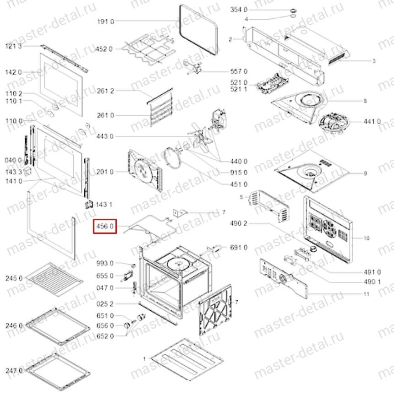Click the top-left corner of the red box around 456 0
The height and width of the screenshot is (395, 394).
[93, 219]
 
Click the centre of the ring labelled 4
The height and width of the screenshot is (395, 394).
[293, 16]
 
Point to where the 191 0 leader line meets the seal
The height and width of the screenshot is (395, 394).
[180, 21]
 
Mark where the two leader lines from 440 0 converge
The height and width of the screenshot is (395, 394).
[220, 161]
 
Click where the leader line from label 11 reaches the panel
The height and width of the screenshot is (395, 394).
[308, 294]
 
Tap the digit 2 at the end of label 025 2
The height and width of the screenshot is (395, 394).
[112, 304]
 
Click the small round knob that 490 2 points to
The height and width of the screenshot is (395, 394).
[313, 249]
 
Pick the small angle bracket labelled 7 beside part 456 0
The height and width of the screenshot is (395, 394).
[180, 213]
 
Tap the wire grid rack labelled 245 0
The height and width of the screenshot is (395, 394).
[54, 279]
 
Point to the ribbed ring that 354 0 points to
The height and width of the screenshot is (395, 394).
[293, 11]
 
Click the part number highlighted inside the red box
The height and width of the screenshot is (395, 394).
[105, 226]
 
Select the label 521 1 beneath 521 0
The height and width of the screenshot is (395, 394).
[239, 89]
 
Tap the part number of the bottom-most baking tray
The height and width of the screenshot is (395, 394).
[14, 371]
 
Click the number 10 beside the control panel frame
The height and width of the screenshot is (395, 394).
[366, 238]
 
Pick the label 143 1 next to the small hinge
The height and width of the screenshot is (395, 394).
[104, 205]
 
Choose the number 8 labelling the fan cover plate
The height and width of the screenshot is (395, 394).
[365, 101]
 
